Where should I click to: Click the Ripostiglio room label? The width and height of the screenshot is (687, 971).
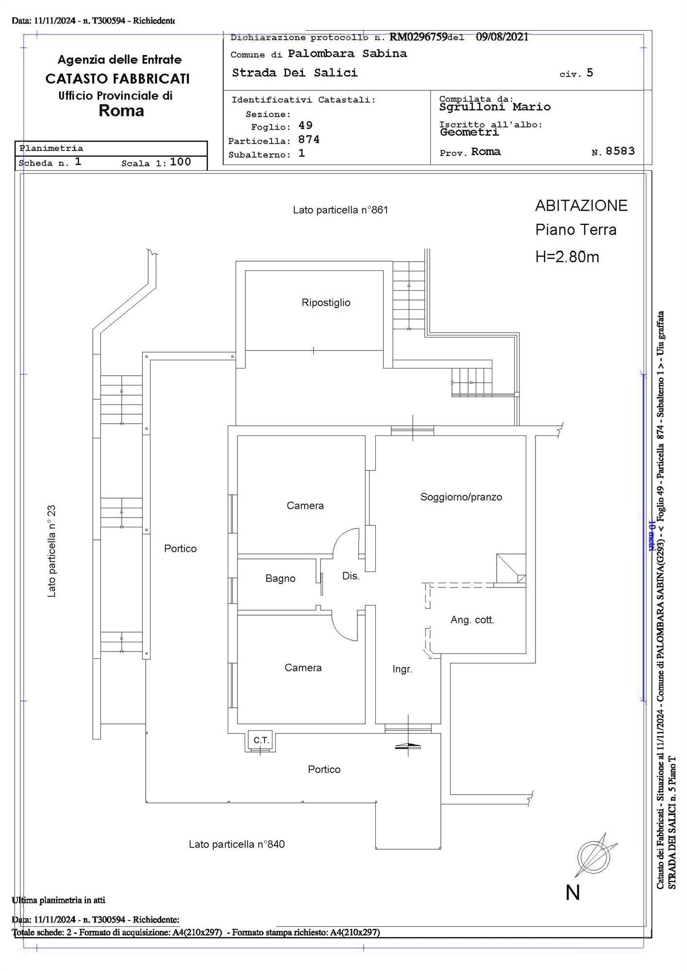[x=326, y=303]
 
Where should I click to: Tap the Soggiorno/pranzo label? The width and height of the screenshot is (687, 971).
[x=461, y=497]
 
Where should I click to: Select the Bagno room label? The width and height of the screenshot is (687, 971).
[x=280, y=579]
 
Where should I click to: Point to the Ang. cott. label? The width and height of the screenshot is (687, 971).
[x=472, y=620]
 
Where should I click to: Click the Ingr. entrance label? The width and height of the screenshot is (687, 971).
[x=402, y=670]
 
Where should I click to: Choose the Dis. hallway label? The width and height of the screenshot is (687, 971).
[x=351, y=576]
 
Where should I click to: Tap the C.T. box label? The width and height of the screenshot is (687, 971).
[x=261, y=740]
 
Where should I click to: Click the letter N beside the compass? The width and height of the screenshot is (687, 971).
[x=573, y=893]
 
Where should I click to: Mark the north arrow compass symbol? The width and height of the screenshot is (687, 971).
[x=595, y=856]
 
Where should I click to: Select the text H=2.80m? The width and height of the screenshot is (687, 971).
[x=567, y=257]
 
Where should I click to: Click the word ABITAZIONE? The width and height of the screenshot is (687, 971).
[x=581, y=206]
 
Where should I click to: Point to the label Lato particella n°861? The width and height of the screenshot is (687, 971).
[x=340, y=210]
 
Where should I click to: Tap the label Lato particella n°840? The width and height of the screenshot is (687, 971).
[x=236, y=844]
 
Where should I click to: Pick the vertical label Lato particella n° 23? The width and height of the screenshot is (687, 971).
[x=51, y=551]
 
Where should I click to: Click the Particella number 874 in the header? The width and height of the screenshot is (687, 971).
[x=309, y=140]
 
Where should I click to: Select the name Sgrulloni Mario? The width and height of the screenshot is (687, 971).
[x=495, y=107]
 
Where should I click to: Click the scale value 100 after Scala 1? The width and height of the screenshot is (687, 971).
[x=181, y=162]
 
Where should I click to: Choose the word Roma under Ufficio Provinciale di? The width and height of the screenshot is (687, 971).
[x=121, y=111]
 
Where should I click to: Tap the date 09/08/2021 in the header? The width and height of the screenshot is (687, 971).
[x=502, y=37]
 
